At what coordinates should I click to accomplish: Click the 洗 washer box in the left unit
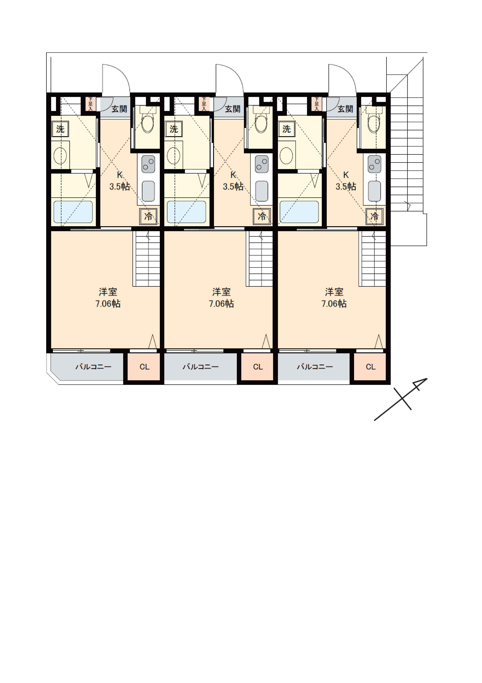click(60, 129)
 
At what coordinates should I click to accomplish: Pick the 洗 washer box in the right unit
click(286, 129)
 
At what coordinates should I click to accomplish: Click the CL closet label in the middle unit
click(258, 367)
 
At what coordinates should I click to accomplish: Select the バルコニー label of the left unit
click(93, 367)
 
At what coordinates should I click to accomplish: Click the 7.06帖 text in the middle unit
click(221, 304)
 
